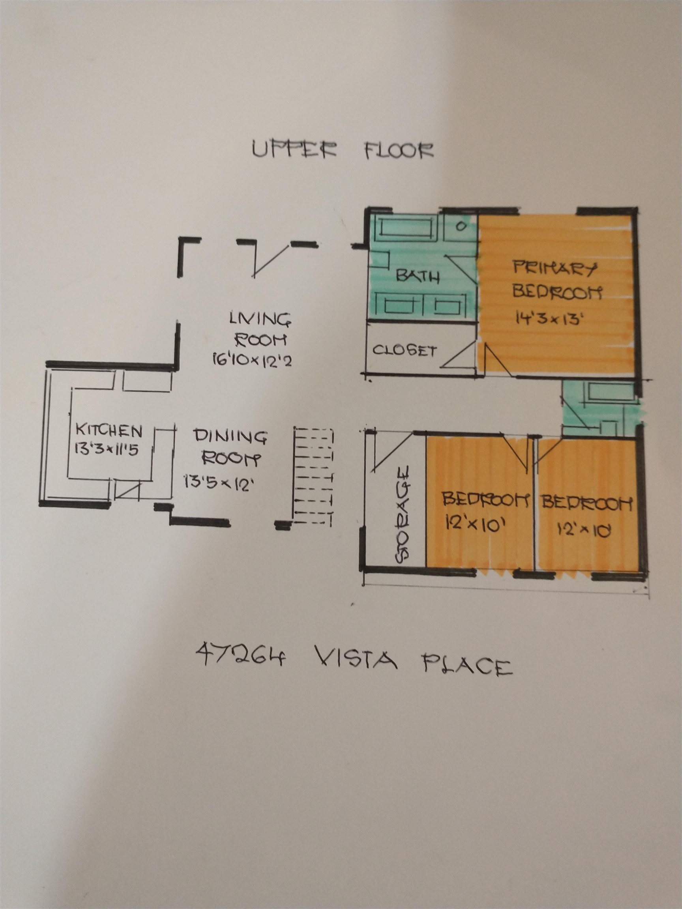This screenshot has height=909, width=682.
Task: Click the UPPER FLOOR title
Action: click(x=343, y=150)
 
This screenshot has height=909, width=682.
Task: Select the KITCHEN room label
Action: click(x=109, y=432)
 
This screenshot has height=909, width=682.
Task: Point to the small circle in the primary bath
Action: click(x=461, y=226)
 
